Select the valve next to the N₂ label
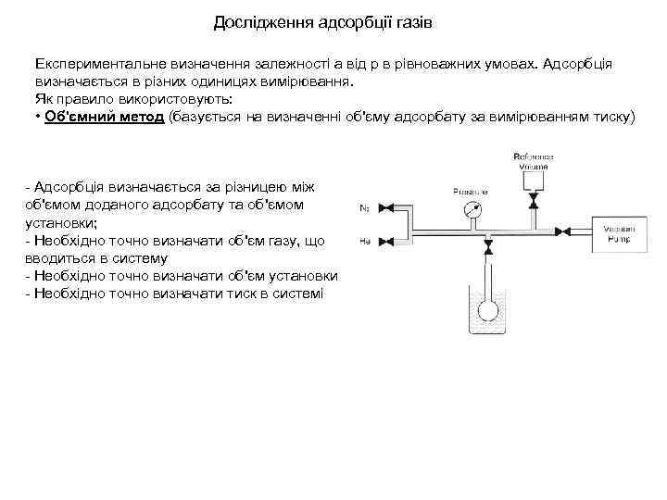(389, 206)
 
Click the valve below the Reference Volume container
(532, 201)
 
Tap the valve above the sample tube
(487, 247)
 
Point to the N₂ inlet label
(364, 207)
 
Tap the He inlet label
(364, 240)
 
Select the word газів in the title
(411, 21)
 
